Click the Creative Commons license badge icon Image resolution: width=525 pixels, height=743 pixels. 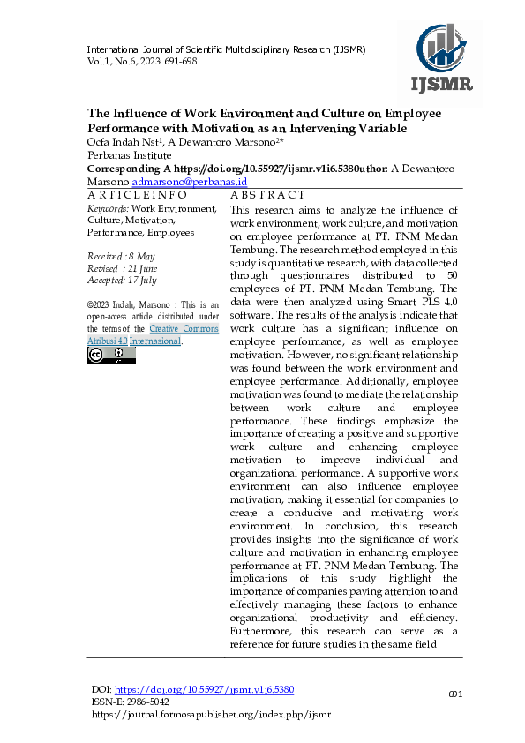pyautogui.click(x=111, y=356)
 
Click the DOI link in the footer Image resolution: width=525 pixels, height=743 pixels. pyautogui.click(x=205, y=689)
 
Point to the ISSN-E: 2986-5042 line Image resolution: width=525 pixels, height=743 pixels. pyautogui.click(x=131, y=702)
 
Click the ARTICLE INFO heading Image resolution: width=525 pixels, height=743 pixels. pyautogui.click(x=137, y=194)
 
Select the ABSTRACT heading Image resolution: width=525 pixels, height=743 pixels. pyautogui.click(x=267, y=194)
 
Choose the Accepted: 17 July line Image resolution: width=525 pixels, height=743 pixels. pyautogui.click(x=121, y=280)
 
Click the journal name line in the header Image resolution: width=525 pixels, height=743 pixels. pyautogui.click(x=225, y=49)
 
